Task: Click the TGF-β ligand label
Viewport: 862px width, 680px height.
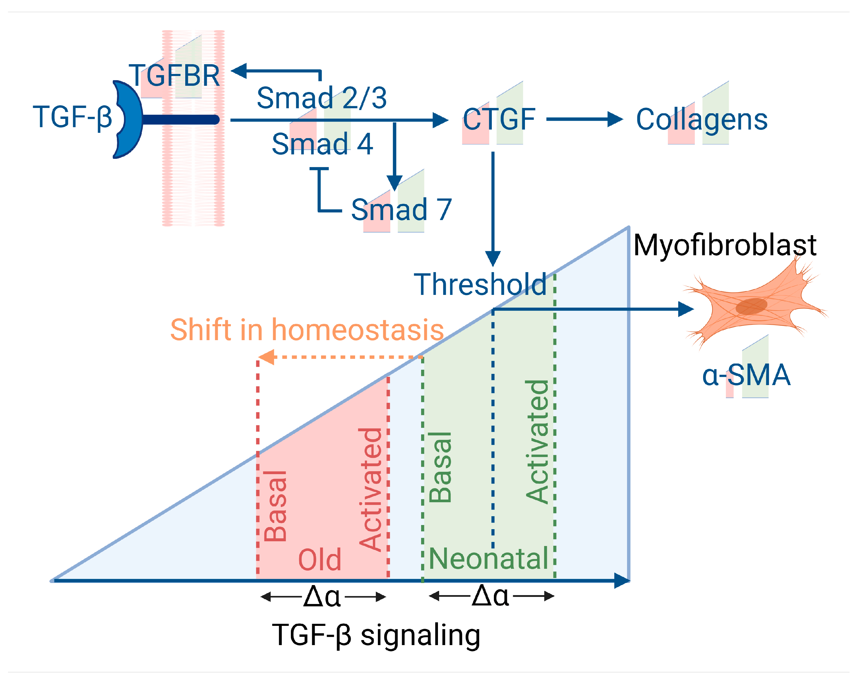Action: click(72, 117)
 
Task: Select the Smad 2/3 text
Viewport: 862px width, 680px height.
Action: click(321, 98)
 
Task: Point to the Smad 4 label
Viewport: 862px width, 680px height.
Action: click(322, 144)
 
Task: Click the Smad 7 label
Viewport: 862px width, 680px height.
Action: click(401, 209)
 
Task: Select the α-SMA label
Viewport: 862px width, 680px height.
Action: click(746, 375)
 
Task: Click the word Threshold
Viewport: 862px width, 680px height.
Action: click(480, 285)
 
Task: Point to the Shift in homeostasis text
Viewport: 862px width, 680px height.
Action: click(307, 330)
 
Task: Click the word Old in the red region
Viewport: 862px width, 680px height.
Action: click(320, 560)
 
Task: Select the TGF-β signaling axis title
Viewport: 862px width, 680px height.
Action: click(376, 635)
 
